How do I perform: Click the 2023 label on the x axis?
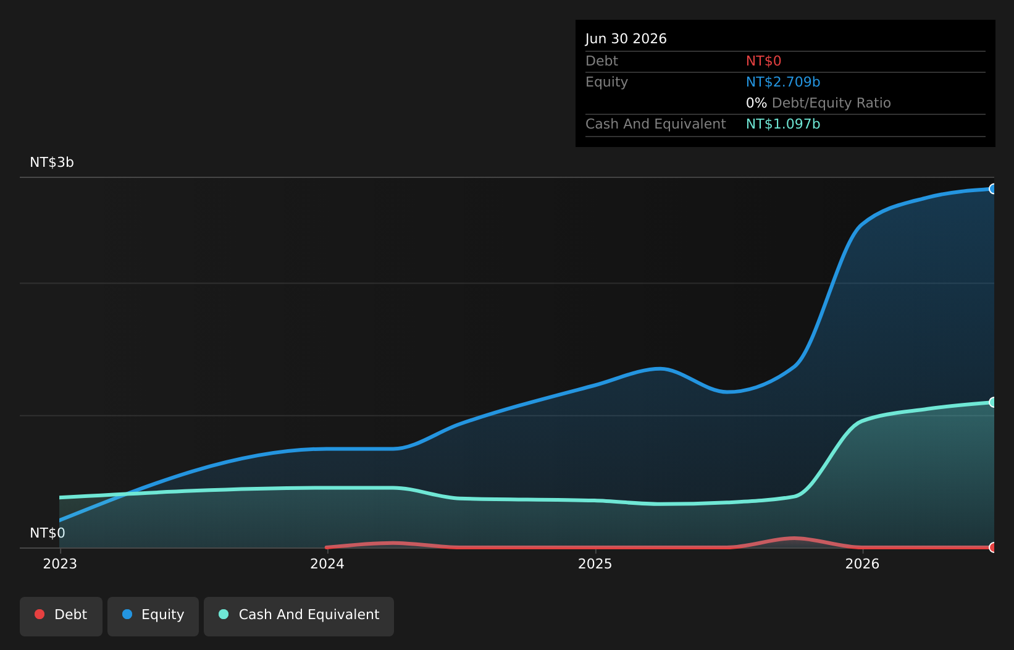click(60, 564)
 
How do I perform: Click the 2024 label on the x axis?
click(327, 564)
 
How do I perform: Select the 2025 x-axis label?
click(595, 564)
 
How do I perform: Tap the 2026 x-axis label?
click(862, 564)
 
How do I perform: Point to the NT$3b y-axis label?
click(52, 162)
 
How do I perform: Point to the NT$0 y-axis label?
click(47, 533)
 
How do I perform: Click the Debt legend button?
click(61, 617)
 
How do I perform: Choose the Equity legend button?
click(153, 617)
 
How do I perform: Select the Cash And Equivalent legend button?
click(299, 617)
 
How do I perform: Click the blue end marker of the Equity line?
click(993, 189)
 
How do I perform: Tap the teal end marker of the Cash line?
click(993, 402)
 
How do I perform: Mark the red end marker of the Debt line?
click(993, 547)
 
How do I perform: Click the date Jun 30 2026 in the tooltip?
click(626, 39)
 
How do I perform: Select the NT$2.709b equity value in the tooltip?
click(782, 82)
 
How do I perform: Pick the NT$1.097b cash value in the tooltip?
click(782, 124)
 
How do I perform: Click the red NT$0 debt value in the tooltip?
click(763, 61)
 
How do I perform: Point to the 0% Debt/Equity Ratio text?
click(818, 103)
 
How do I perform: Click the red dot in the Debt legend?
click(40, 614)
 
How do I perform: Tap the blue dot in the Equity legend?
click(127, 614)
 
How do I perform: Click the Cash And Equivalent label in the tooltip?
click(655, 124)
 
